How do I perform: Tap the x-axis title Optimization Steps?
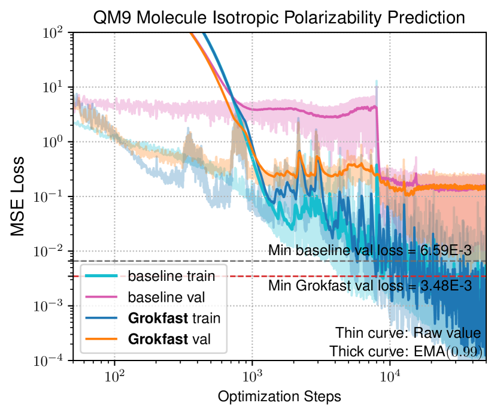tap(279, 396)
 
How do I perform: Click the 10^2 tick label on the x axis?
tap(114, 377)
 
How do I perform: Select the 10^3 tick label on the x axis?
tap(252, 377)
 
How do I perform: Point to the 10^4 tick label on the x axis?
tap(390, 377)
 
